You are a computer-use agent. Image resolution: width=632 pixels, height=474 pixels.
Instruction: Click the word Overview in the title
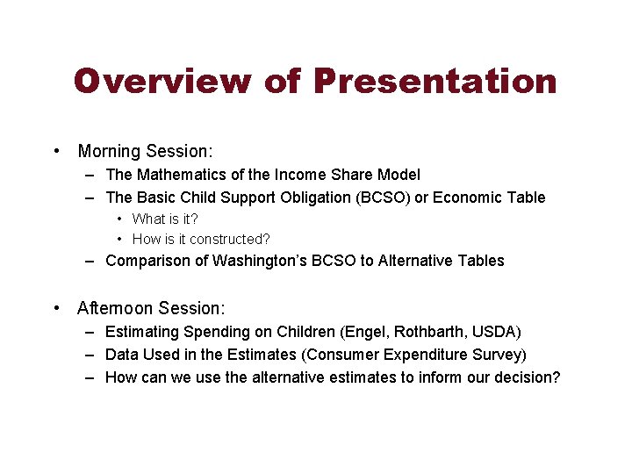[x=163, y=81]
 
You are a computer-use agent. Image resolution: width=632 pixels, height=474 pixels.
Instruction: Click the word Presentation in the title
[x=434, y=81]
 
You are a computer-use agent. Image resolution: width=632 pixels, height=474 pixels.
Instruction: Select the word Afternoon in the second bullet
[x=114, y=308]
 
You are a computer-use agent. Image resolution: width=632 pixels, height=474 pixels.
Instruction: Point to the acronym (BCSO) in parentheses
[x=382, y=197]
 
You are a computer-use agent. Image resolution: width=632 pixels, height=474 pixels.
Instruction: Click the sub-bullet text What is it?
[x=165, y=219]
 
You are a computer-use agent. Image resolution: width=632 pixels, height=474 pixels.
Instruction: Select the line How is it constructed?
[x=201, y=239]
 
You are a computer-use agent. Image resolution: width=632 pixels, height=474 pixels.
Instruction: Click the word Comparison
[x=145, y=261]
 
